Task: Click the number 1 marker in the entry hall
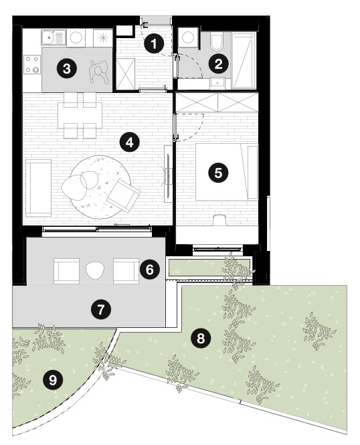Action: [154, 44]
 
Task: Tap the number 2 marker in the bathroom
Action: [218, 64]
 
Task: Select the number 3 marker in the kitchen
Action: [67, 68]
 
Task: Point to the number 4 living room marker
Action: [129, 142]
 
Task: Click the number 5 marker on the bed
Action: [218, 173]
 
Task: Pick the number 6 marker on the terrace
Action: [149, 269]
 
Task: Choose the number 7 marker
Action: [101, 309]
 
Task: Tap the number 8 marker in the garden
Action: [201, 338]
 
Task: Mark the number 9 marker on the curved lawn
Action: [53, 379]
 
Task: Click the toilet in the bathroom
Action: [217, 40]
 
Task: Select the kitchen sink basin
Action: [48, 37]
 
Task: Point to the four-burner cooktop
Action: [32, 64]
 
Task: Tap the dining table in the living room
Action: [80, 115]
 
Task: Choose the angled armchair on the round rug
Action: [123, 195]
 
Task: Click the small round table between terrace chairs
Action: [95, 270]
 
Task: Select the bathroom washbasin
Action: [217, 83]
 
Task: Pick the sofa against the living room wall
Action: [39, 187]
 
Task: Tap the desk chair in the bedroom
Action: [219, 220]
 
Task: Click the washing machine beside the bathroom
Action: [187, 37]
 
